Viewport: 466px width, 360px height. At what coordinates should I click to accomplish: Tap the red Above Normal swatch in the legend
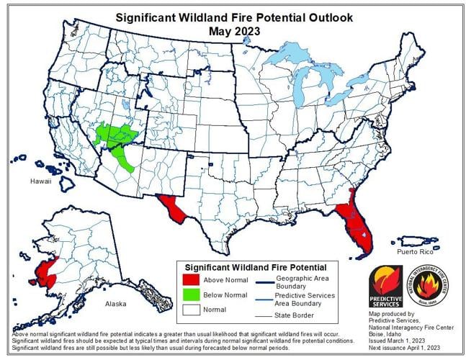(192, 279)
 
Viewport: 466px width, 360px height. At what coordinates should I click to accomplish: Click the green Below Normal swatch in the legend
(192, 294)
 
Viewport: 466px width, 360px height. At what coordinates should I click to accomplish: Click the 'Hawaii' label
(40, 181)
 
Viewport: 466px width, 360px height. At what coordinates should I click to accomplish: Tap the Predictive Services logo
(385, 286)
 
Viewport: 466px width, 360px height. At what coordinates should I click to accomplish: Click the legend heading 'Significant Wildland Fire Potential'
(256, 267)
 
